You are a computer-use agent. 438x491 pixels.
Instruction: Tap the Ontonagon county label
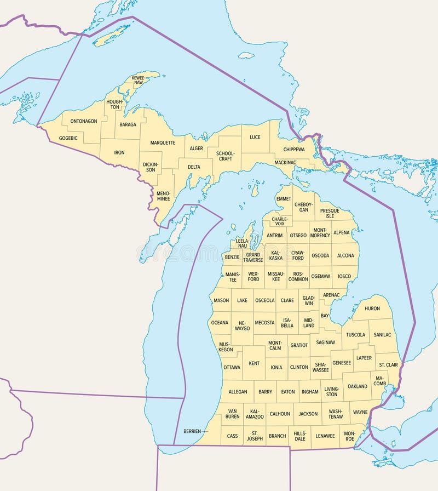coord(84,121)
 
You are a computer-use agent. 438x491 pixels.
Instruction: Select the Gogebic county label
coord(68,138)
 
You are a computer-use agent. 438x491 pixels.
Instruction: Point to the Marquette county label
coord(163,142)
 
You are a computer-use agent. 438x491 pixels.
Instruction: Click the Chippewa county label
coord(294,149)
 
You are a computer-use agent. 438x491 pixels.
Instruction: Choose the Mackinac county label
coord(285,163)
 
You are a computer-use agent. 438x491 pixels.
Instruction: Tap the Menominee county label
coord(163,196)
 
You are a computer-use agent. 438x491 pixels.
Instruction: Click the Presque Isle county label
coord(330,213)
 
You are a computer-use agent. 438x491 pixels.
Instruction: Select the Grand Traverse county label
coord(253,257)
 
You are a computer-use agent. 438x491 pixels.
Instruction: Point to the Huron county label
coord(372,309)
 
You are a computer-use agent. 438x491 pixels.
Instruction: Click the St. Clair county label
coord(388,364)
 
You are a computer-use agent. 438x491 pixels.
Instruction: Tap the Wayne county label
coord(360,412)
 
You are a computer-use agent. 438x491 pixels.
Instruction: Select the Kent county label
coord(254,363)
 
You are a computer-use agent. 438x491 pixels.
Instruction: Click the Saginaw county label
coord(325,342)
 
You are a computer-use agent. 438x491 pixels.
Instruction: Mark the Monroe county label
coord(349,436)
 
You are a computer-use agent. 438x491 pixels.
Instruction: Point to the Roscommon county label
coord(298,276)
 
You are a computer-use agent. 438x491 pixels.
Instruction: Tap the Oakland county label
coord(358,386)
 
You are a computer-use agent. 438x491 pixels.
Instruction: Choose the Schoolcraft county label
coord(225,156)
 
